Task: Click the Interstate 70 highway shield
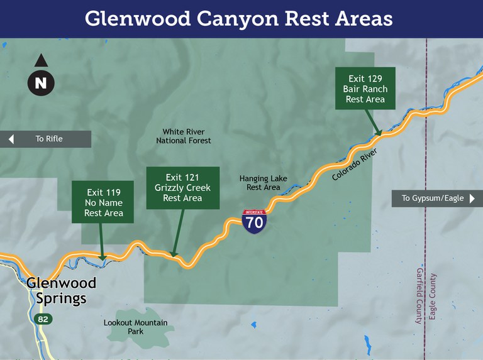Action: (254, 222)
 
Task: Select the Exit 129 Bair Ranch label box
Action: (365, 89)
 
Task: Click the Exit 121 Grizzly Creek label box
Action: (182, 188)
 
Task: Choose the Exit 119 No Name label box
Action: (103, 203)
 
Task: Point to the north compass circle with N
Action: (41, 83)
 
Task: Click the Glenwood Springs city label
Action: (61, 290)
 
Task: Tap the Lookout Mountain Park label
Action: (135, 327)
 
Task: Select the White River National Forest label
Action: (184, 136)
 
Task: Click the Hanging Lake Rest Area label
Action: (263, 183)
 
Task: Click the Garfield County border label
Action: (419, 295)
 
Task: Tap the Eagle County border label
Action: (433, 296)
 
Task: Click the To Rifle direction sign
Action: (45, 139)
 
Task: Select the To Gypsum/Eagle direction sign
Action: (437, 199)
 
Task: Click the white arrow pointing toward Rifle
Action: (11, 139)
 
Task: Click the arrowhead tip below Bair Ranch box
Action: (379, 134)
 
